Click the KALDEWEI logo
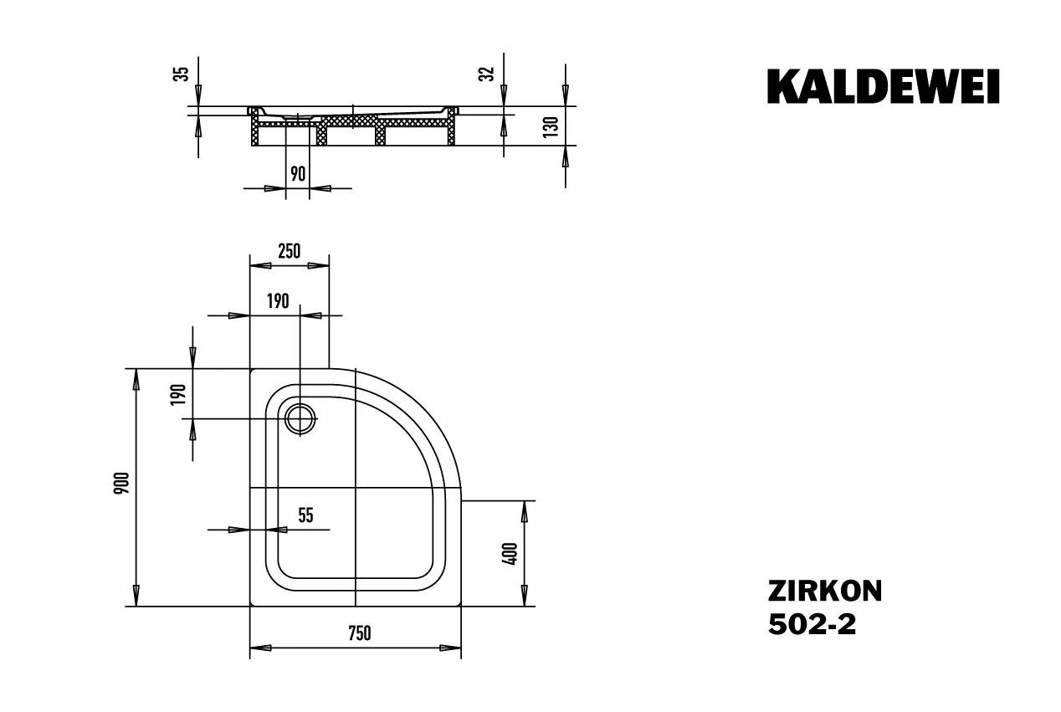883,87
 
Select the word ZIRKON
824,591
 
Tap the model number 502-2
812,625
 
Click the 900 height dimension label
121,484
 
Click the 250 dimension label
287,251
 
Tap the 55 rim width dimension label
305,515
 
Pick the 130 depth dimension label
550,127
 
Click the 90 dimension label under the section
297,173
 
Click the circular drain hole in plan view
300,417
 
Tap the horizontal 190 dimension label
279,301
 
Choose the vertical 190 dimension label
177,394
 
